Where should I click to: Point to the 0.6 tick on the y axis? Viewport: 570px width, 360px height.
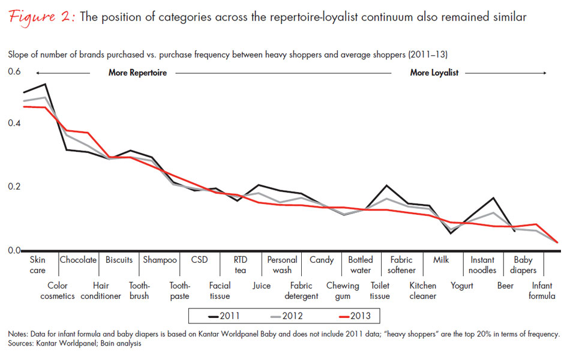(14, 73)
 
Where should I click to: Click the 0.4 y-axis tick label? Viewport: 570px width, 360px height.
(14, 123)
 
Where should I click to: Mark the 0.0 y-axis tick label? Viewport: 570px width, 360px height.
(14, 250)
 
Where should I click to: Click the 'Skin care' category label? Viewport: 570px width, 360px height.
(38, 265)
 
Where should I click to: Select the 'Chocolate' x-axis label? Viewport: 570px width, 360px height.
(78, 260)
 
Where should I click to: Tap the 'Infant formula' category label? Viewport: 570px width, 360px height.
(543, 291)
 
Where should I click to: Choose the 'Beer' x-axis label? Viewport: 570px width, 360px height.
(505, 286)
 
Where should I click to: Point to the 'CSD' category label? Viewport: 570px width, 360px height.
(199, 260)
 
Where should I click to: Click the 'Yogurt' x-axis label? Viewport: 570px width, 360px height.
(462, 286)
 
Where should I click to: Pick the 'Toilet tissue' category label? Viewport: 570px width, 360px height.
(380, 291)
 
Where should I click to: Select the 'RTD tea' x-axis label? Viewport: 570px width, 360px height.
(241, 265)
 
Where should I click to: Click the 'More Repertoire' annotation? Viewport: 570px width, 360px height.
(137, 73)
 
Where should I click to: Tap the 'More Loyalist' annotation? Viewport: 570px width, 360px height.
(434, 73)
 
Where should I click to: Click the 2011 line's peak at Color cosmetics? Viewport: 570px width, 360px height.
(46, 85)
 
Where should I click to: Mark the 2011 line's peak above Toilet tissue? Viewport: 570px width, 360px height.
(386, 186)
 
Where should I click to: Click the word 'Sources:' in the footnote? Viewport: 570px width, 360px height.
(22, 344)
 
